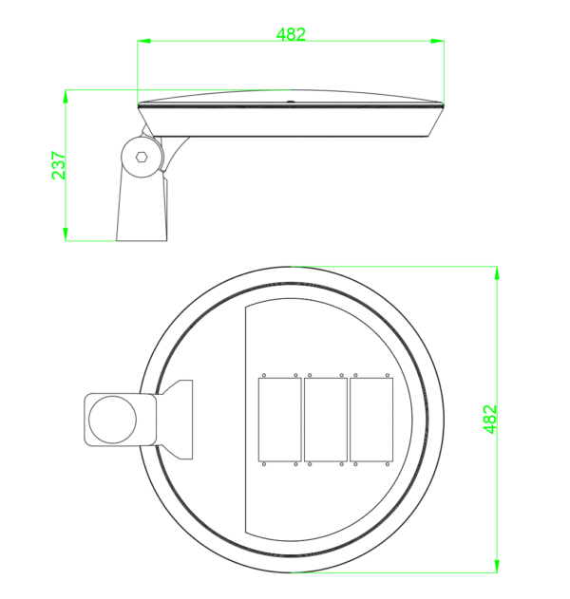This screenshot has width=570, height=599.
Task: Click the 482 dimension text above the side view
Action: pos(291,34)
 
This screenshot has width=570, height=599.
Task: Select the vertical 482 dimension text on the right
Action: pos(490,420)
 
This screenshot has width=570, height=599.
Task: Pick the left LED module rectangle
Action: pos(280,420)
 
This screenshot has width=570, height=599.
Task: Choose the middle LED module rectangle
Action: pos(326,420)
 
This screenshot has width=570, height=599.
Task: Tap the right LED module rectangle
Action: pos(370,420)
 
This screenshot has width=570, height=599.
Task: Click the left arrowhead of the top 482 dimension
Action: pos(142,41)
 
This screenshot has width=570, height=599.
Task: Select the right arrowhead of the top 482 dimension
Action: pos(439,41)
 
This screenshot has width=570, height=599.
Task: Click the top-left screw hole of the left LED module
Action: pos(265,374)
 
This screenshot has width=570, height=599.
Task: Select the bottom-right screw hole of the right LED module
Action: pos(389,465)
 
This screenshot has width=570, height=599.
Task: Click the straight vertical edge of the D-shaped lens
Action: pos(246,420)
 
